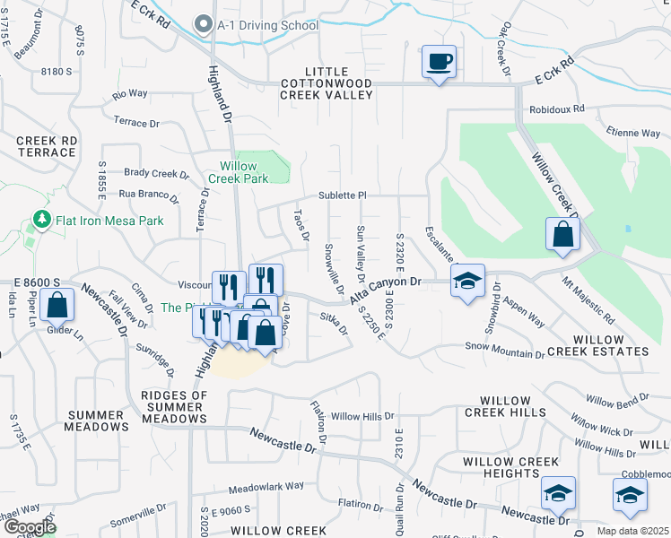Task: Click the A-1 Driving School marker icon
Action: (x=205, y=25)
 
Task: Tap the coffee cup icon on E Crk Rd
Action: (x=439, y=62)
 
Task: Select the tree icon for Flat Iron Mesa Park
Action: (x=40, y=220)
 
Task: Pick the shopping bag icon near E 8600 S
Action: (x=57, y=305)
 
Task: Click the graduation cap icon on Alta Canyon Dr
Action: (x=467, y=281)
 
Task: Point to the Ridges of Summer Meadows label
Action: (x=174, y=407)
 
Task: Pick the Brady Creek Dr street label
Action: (x=152, y=173)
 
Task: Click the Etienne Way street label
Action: (x=634, y=133)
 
